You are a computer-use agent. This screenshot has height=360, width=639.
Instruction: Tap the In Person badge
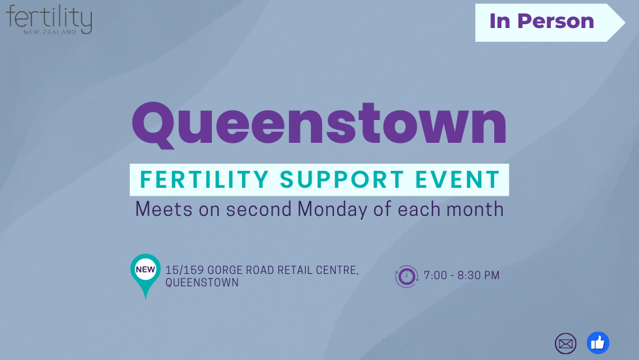click(x=542, y=22)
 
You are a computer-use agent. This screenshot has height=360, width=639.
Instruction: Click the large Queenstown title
click(x=319, y=125)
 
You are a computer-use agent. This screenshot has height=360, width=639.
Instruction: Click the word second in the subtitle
click(x=260, y=209)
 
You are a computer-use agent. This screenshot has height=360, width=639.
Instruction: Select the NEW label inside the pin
click(x=145, y=269)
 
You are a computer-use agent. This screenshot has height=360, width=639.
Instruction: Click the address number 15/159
click(x=185, y=270)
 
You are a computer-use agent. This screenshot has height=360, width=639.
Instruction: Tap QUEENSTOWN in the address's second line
click(x=202, y=282)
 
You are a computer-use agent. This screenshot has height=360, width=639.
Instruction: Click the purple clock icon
click(x=407, y=276)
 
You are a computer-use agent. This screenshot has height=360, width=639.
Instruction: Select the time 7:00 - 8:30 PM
click(x=462, y=275)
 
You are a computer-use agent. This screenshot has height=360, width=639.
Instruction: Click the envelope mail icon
click(x=566, y=343)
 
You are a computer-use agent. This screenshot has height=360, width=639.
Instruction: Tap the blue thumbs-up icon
click(x=598, y=343)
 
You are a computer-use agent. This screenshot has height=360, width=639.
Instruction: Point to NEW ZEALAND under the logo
click(x=50, y=31)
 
